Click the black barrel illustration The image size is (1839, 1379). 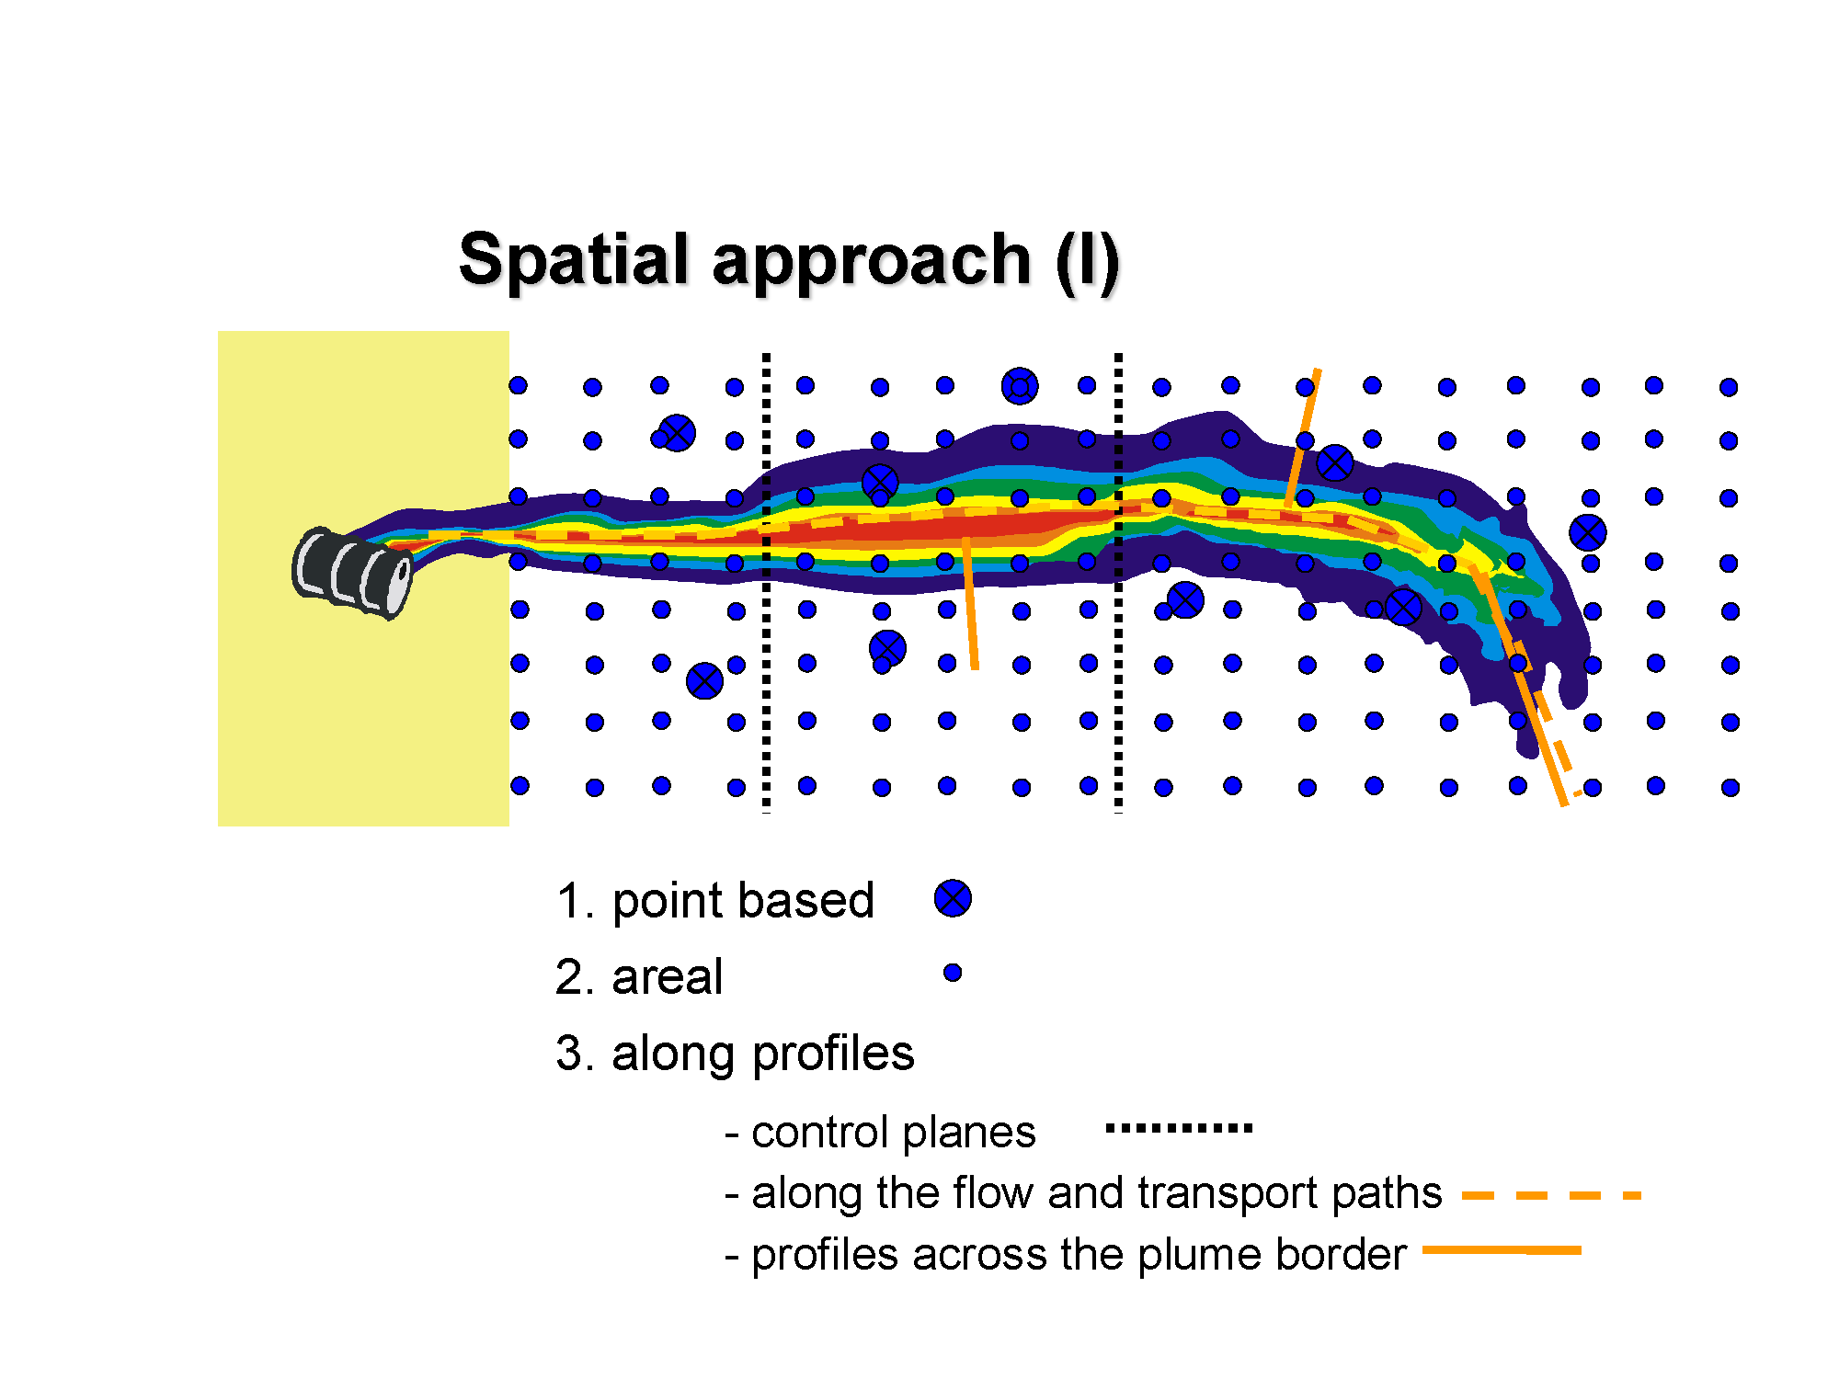coord(352,573)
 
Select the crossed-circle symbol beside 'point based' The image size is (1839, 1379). coord(953,898)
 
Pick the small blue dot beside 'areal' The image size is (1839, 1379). coord(953,973)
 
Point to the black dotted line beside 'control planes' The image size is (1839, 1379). coord(1179,1128)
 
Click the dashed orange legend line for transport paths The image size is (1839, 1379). coord(1551,1195)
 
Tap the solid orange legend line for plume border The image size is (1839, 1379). coord(1502,1250)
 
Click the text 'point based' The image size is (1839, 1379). coord(743,901)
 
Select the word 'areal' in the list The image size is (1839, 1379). coord(668,976)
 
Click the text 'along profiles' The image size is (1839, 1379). coord(763,1054)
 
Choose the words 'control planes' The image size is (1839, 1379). coord(894,1133)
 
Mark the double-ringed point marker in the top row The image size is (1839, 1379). coord(1020,386)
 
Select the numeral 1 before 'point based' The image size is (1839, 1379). coord(570,901)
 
